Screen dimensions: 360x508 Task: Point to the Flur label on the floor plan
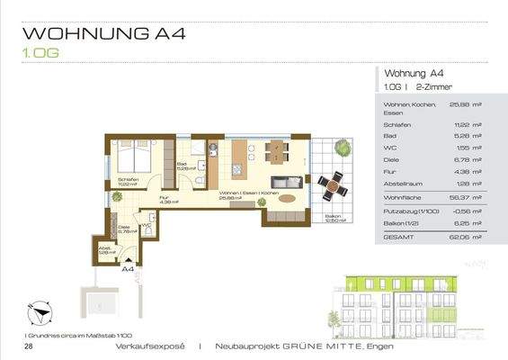tap(165, 200)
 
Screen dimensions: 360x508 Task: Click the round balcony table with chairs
tap(332, 186)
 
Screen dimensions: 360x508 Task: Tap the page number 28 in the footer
tap(30, 346)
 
